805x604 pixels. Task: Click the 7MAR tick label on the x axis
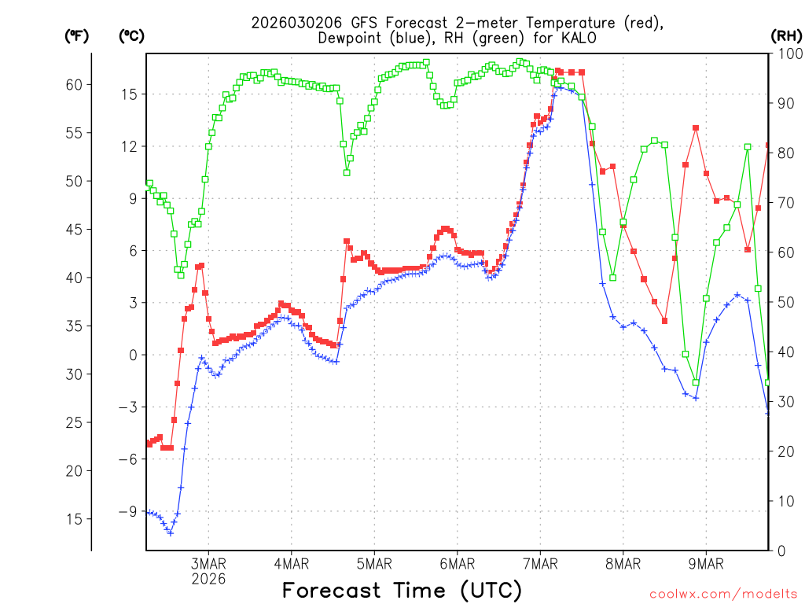pyautogui.click(x=539, y=564)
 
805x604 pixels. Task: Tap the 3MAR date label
pyautogui.click(x=208, y=564)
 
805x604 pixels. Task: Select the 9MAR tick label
pyautogui.click(x=705, y=564)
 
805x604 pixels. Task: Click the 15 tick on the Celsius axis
pyautogui.click(x=129, y=94)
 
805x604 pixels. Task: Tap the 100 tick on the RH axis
pyautogui.click(x=786, y=54)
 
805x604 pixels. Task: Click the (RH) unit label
pyautogui.click(x=785, y=35)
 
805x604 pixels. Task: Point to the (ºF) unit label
pyautogui.click(x=77, y=35)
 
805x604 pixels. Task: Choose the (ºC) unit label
pyautogui.click(x=132, y=35)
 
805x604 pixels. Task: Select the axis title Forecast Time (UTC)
pyautogui.click(x=402, y=590)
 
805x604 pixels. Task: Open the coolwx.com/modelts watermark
pyautogui.click(x=722, y=594)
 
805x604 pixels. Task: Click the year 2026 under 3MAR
pyautogui.click(x=208, y=579)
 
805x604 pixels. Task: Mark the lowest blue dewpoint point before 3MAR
pyautogui.click(x=170, y=533)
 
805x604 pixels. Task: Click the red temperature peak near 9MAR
pyautogui.click(x=696, y=128)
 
